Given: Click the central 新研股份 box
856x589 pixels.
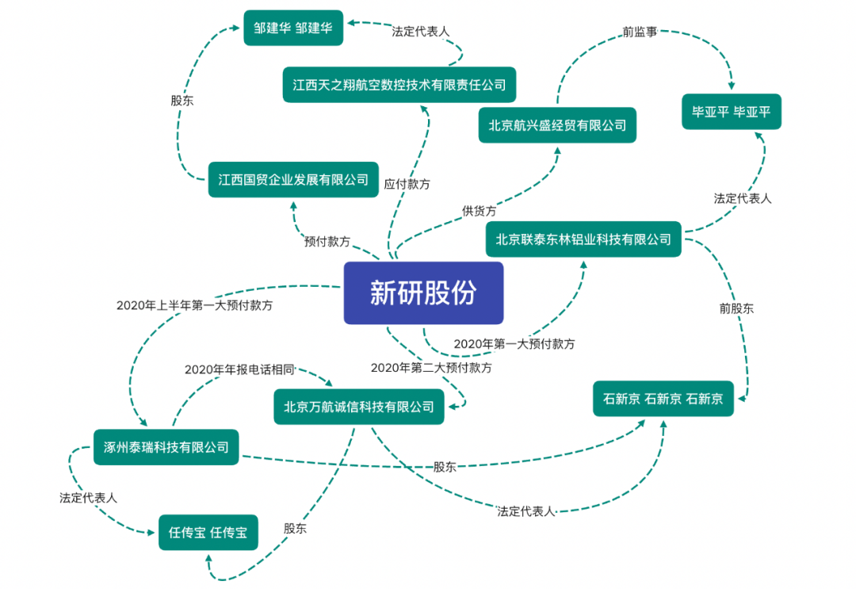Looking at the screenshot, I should pyautogui.click(x=423, y=293).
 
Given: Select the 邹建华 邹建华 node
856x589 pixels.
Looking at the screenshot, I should pyautogui.click(x=293, y=28).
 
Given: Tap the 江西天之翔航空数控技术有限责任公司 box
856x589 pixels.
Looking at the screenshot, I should pyautogui.click(x=394, y=84).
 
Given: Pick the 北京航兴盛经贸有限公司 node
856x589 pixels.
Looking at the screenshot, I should pyautogui.click(x=557, y=125).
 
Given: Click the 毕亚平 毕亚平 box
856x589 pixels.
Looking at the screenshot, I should pyautogui.click(x=731, y=112).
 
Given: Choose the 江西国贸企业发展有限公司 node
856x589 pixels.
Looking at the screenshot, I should pyautogui.click(x=293, y=180).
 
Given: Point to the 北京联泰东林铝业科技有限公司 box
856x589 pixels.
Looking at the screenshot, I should pyautogui.click(x=583, y=239).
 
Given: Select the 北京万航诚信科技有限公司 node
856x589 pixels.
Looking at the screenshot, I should pyautogui.click(x=359, y=407).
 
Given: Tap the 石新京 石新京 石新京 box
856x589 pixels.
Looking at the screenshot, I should pyautogui.click(x=663, y=399).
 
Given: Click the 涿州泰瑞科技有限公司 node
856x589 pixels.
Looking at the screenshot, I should pyautogui.click(x=166, y=447).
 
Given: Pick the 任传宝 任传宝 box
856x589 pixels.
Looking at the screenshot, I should pyautogui.click(x=208, y=533).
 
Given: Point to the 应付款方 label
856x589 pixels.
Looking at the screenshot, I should pyautogui.click(x=407, y=184).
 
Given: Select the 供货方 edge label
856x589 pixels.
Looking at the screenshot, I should pyautogui.click(x=480, y=211).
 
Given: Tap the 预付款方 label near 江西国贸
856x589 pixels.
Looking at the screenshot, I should pyautogui.click(x=327, y=241).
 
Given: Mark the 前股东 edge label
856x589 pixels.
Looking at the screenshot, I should pyautogui.click(x=736, y=308).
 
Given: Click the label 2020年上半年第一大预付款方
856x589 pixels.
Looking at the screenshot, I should pyautogui.click(x=194, y=305).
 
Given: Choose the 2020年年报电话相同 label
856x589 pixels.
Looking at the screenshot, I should pyautogui.click(x=239, y=369).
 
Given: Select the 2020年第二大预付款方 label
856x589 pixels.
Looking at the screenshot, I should pyautogui.click(x=431, y=368).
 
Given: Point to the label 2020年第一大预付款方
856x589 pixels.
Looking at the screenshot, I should pyautogui.click(x=514, y=344).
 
